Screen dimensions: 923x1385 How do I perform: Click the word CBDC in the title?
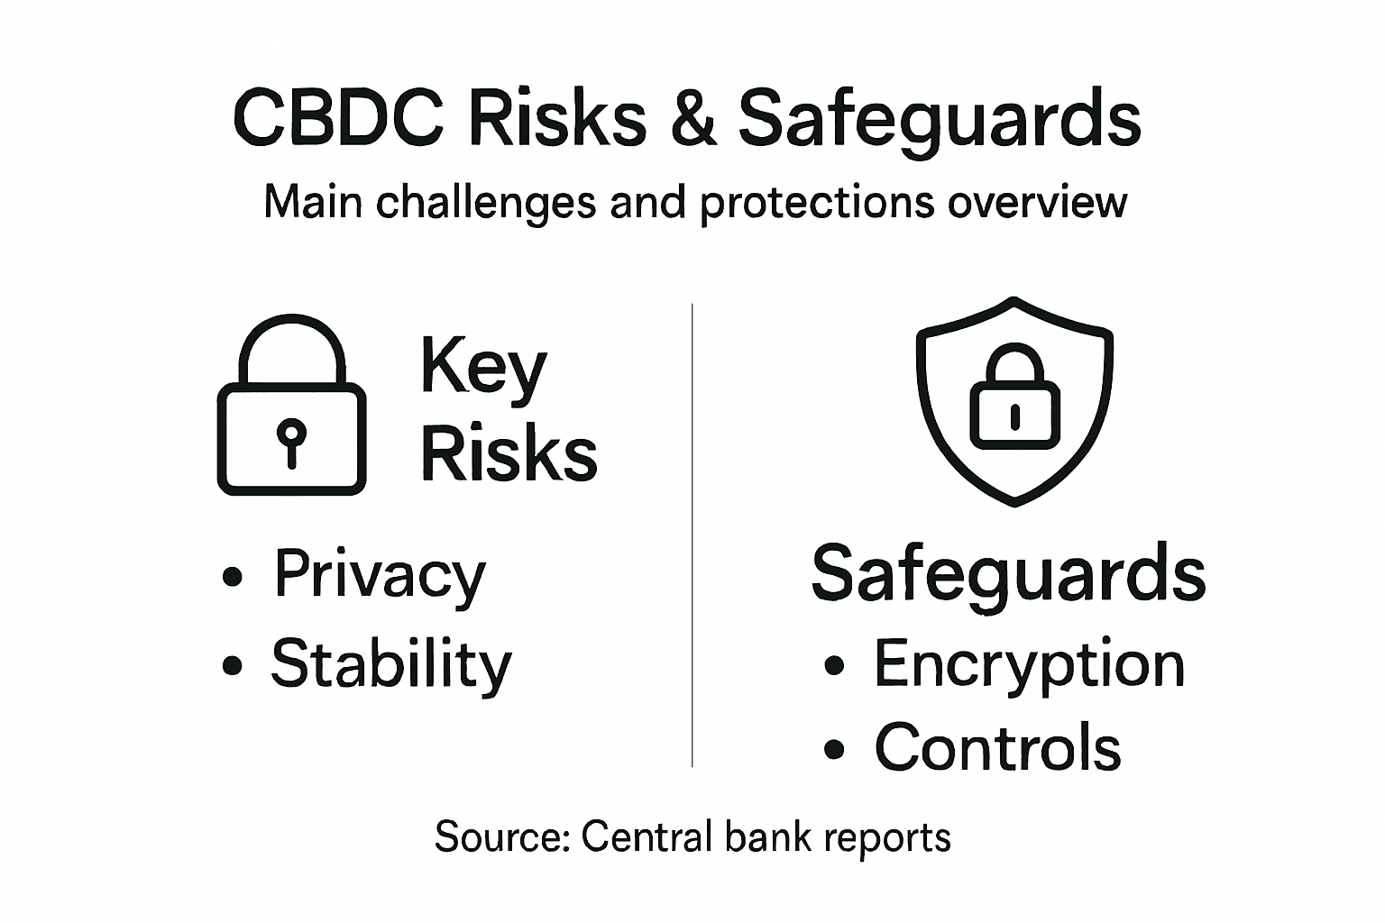[338, 119]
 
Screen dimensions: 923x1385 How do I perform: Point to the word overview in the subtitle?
[1037, 202]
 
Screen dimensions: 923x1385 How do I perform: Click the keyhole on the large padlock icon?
[290, 439]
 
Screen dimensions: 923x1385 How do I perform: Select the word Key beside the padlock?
[483, 368]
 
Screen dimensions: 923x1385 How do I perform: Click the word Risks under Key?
[509, 452]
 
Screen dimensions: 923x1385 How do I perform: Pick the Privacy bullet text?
[380, 574]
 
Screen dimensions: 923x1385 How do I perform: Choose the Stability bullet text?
[391, 664]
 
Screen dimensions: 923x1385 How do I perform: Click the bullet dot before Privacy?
[233, 576]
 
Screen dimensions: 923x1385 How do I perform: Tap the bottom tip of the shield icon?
[1014, 501]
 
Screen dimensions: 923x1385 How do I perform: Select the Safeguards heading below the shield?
[1008, 574]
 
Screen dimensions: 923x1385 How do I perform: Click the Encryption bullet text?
[1029, 665]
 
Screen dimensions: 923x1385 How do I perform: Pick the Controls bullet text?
[997, 747]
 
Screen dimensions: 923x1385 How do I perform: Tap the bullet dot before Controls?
[834, 748]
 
